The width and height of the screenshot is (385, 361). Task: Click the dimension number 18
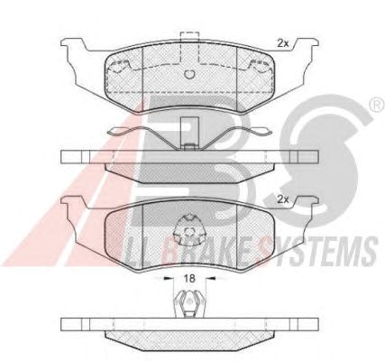tap(190, 278)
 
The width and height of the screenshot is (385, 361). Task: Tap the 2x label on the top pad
tap(282, 44)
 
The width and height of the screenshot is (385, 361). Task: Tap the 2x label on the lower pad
tap(282, 199)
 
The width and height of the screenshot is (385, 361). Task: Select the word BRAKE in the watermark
tap(205, 250)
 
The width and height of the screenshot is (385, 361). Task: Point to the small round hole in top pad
tap(190, 74)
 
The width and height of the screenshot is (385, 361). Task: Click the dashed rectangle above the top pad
tap(189, 47)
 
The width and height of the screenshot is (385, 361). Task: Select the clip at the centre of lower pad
tap(190, 230)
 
